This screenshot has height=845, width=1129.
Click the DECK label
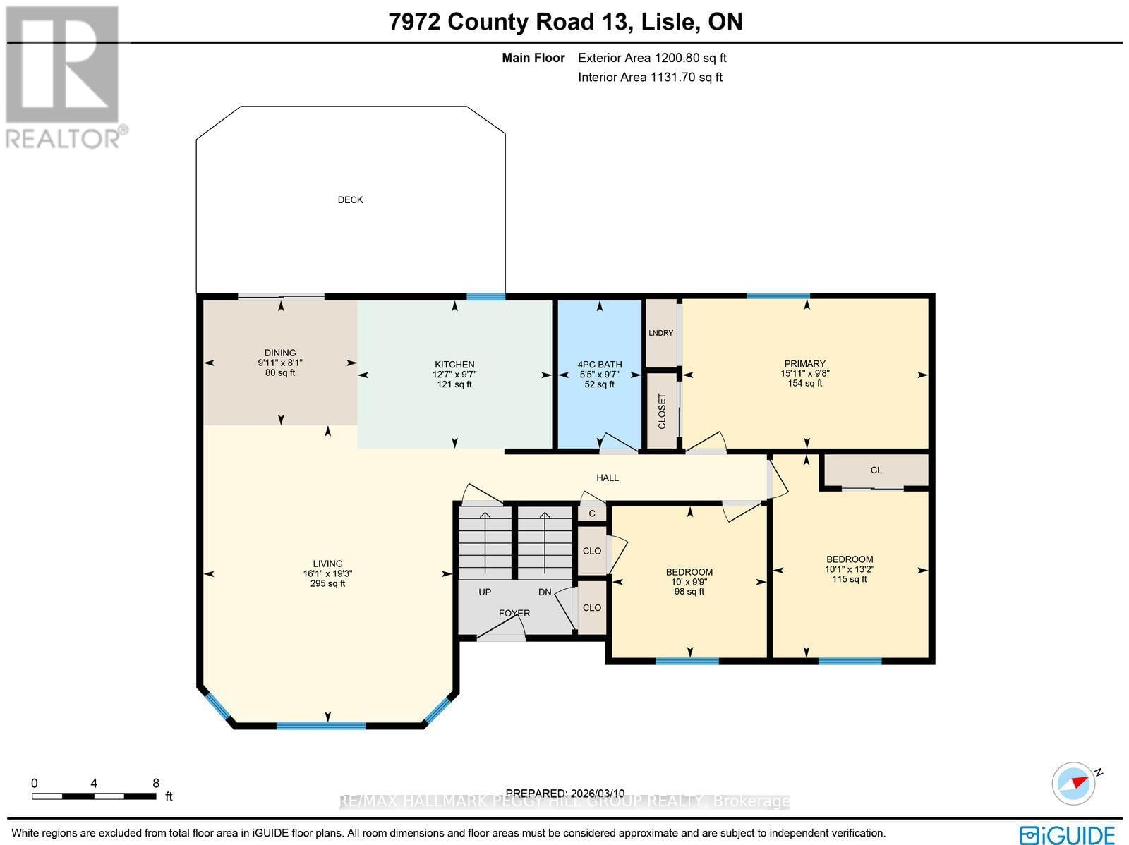(350, 200)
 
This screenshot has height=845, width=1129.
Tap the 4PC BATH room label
(599, 365)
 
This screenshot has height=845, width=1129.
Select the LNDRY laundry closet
(661, 333)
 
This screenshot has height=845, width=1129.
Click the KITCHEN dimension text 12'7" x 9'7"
(454, 375)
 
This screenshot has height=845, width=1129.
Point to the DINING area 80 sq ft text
(280, 372)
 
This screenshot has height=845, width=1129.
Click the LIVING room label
(327, 564)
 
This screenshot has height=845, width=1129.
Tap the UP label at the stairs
(485, 592)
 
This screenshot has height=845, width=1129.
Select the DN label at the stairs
(545, 592)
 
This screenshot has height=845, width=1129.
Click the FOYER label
(514, 613)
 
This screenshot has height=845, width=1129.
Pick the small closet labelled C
(592, 513)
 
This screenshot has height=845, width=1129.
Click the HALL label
(607, 478)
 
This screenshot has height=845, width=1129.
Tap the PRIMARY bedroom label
(804, 364)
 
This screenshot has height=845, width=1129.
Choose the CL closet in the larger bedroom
(876, 470)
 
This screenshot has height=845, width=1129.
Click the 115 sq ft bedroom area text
(850, 579)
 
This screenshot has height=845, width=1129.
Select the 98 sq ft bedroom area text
(689, 592)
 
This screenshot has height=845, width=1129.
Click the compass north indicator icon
(1073, 783)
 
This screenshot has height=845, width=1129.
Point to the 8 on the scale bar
(155, 783)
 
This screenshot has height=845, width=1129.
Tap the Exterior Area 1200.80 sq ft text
(652, 59)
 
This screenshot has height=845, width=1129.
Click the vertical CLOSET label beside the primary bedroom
(662, 411)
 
